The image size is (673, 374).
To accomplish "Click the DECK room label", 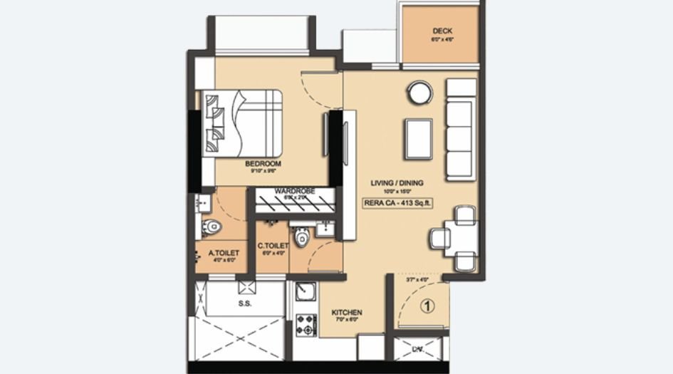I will coord(442,31).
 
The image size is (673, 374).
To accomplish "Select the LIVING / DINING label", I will coord(397,183).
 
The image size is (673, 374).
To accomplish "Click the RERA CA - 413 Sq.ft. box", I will coord(398,203).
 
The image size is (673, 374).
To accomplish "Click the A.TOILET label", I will coord(223,252).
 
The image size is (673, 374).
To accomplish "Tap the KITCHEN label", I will coord(348,313).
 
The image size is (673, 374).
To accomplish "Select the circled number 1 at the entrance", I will coord(427,308).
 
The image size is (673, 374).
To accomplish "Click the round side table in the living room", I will coord(419,93).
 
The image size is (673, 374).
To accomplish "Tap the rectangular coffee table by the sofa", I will coord(418,139).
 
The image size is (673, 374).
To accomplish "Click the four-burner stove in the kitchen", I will coord(306,324).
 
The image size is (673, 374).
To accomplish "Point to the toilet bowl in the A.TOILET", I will coord(211,227).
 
